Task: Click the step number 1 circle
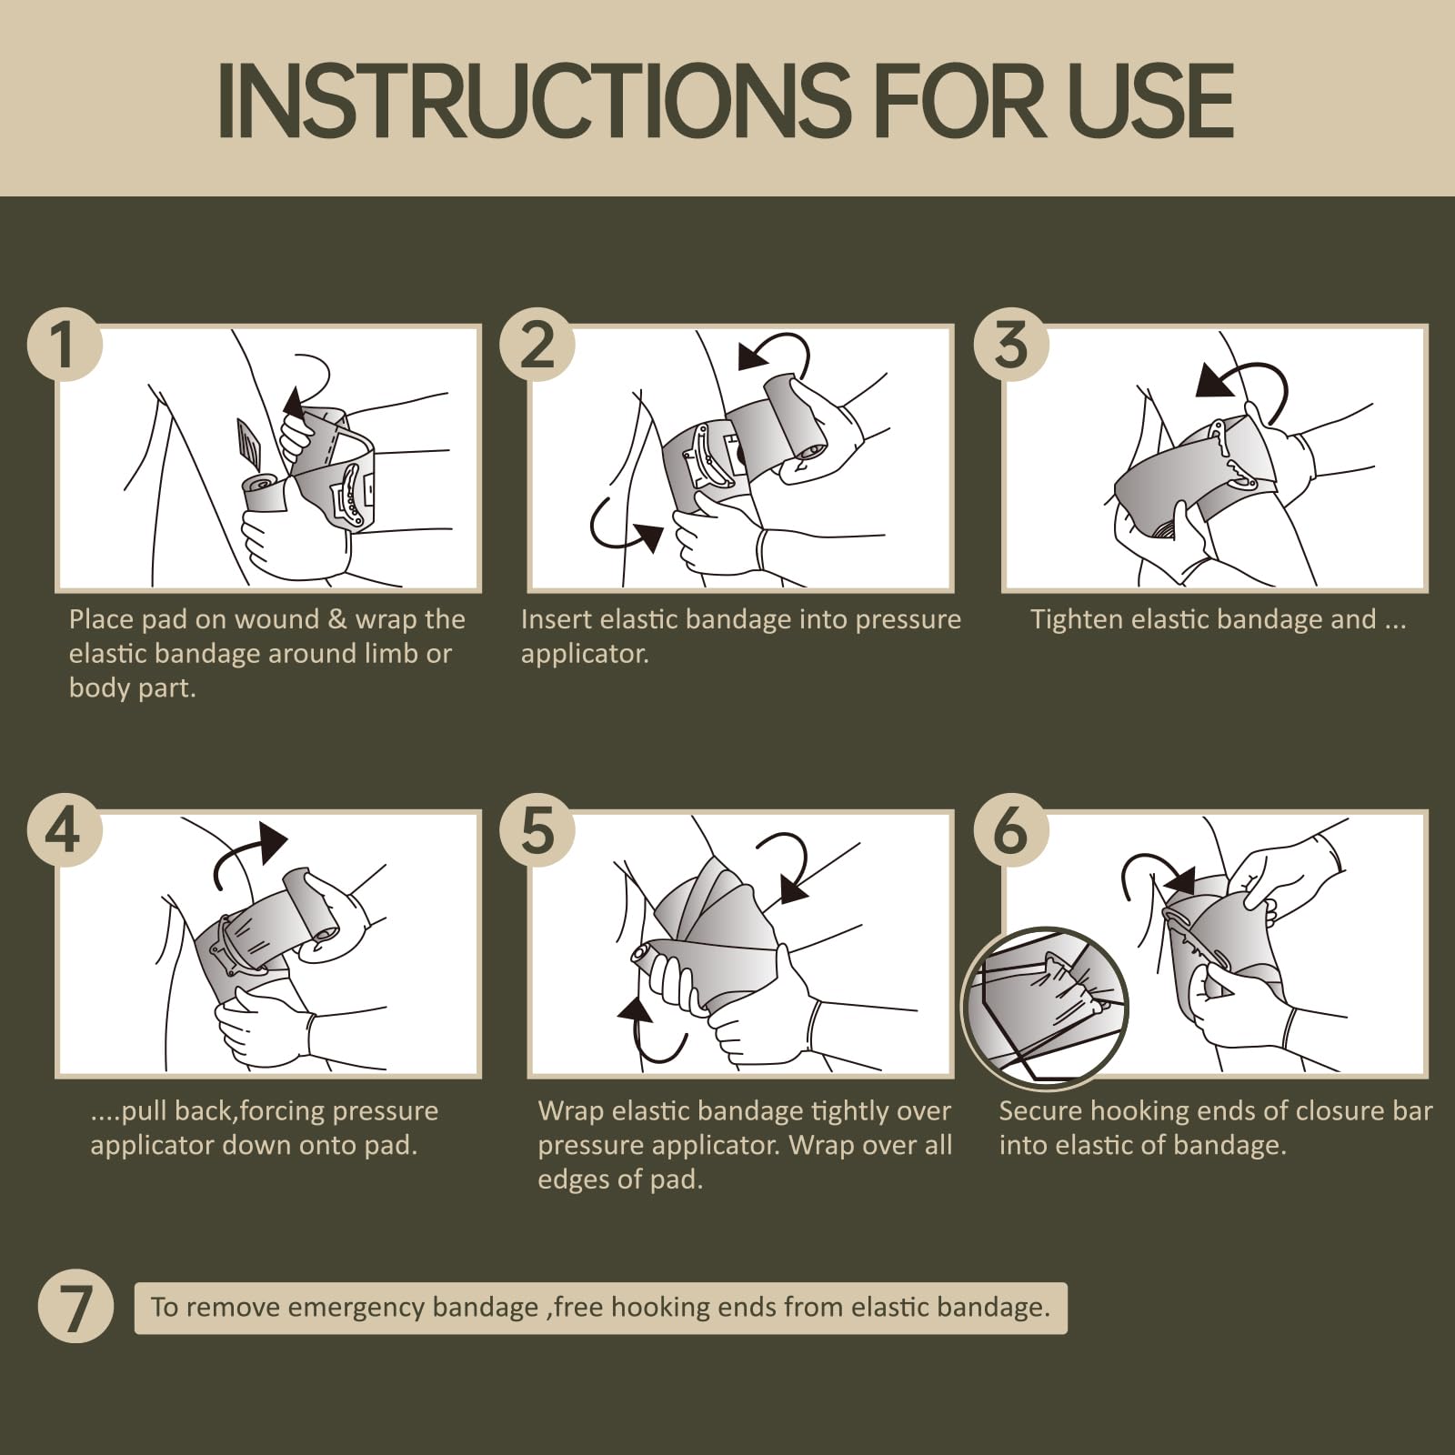click(x=64, y=345)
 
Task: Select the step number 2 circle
click(x=537, y=345)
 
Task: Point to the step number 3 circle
click(x=1011, y=345)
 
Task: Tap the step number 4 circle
click(x=64, y=830)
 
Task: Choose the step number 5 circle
click(x=537, y=830)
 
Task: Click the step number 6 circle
click(x=1011, y=830)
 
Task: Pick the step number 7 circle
click(x=75, y=1307)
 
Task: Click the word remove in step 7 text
click(x=236, y=1308)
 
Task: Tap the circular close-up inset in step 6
click(x=1045, y=1008)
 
